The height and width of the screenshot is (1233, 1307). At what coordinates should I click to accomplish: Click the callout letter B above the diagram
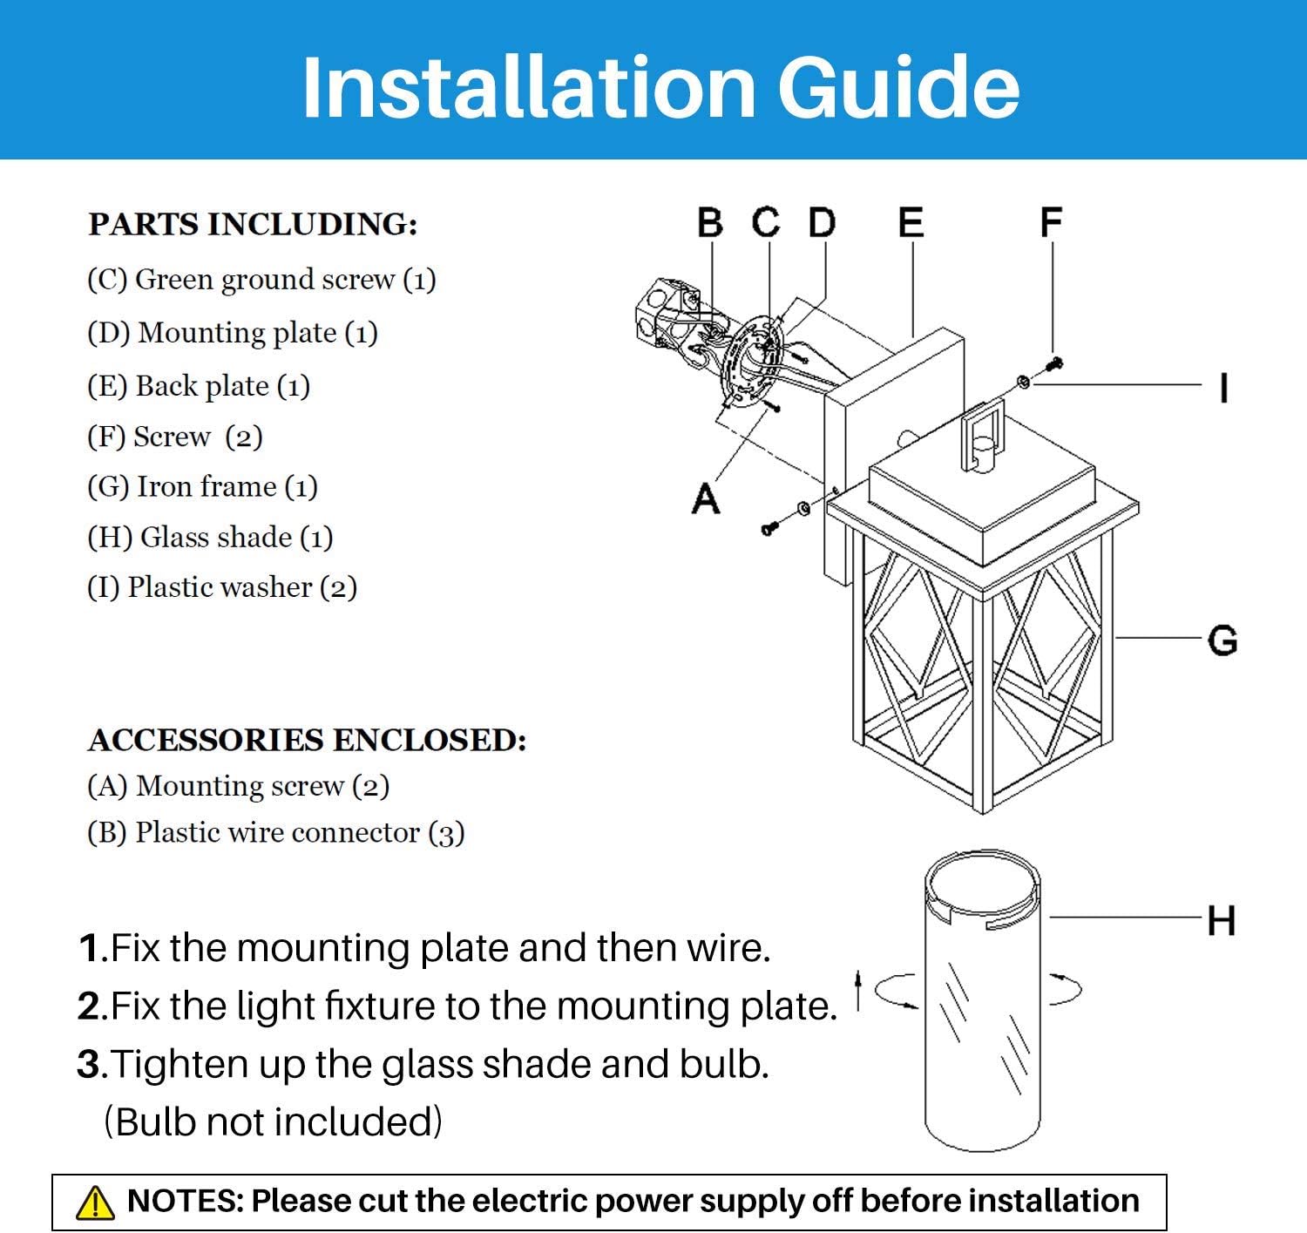pos(710,223)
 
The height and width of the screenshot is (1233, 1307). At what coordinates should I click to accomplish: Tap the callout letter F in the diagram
pos(1052,223)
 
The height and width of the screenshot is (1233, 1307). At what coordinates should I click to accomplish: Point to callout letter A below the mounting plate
pos(706,499)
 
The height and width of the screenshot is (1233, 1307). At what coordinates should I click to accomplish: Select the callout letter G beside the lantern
pos(1222,640)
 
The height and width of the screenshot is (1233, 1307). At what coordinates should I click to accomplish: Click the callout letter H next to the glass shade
pos(1221,920)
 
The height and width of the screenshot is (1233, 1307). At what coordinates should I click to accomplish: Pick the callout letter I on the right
pos(1224,388)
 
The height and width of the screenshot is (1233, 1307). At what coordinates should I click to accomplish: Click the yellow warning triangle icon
pos(95,1203)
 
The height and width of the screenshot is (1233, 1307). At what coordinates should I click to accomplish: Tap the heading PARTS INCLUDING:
pos(253,224)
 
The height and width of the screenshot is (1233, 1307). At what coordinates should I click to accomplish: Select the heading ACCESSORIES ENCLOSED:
pos(307,740)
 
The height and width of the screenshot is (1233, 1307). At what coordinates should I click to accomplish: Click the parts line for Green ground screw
pos(261,279)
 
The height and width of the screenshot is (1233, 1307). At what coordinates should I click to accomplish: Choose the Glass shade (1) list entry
pos(210,537)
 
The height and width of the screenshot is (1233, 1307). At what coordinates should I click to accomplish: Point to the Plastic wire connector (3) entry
pos(275,832)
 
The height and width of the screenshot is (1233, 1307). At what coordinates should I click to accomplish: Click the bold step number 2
pos(91,1006)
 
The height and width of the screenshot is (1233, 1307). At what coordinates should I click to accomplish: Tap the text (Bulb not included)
pos(273,1121)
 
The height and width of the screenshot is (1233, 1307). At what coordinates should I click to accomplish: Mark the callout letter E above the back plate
pos(911,223)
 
